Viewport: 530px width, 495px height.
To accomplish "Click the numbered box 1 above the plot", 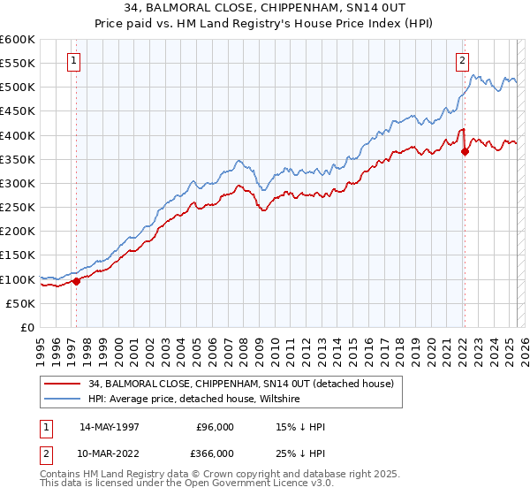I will coord(72,61).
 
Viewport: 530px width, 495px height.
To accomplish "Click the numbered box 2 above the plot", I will coord(462,61).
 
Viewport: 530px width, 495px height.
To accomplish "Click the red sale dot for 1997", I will coord(76,281).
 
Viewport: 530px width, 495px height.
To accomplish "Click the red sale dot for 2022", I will coord(465,151).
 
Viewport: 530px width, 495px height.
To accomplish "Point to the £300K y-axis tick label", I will coord(18,183).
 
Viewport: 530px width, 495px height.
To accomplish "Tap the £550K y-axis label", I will coord(18,64).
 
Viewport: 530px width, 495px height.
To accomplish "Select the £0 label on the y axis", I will coord(26,327).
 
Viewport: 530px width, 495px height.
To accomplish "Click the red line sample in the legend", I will coord(62,383).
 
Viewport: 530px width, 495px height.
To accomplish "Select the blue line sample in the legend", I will coord(62,399).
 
